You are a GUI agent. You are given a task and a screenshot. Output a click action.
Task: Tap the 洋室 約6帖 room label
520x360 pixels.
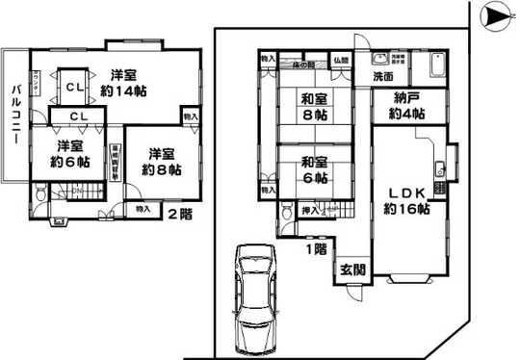(68, 154)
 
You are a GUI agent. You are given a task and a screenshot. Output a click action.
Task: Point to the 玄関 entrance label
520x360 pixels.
(350, 271)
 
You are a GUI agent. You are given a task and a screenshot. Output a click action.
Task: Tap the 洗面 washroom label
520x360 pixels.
(382, 76)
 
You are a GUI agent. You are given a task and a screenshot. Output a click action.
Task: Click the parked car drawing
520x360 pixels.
(254, 298)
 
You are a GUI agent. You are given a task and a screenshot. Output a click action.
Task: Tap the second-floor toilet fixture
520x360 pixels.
(38, 194)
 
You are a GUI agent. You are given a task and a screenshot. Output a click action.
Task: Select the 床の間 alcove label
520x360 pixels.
(303, 64)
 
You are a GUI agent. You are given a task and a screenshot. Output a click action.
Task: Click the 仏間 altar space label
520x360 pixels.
(342, 62)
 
